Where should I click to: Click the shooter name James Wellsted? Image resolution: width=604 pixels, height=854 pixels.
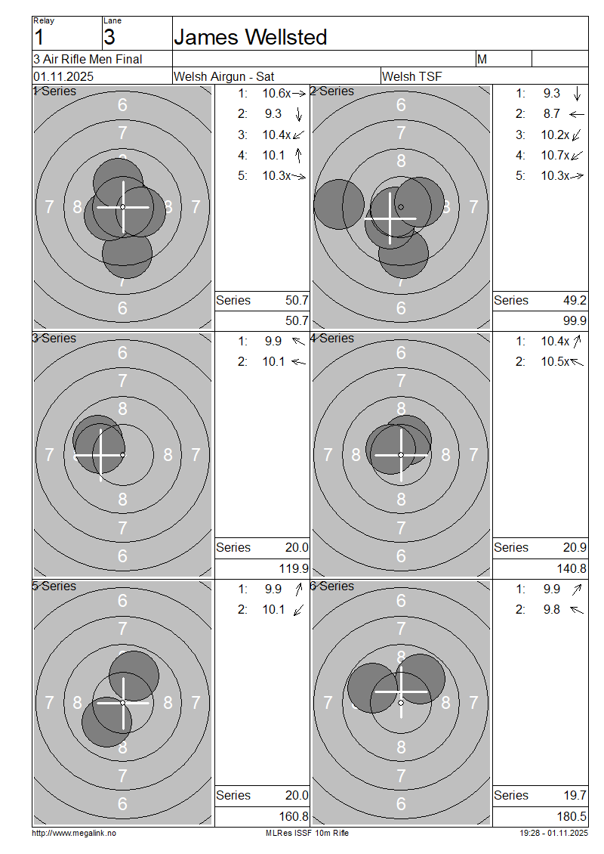(251, 37)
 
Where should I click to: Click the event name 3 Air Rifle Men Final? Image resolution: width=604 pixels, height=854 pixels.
(88, 59)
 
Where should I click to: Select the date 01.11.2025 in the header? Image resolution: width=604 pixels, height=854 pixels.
(63, 76)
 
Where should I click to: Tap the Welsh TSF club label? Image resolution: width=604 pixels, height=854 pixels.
(412, 76)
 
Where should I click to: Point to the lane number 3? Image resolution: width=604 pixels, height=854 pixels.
(109, 37)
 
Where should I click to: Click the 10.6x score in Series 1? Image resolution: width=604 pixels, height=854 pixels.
(277, 93)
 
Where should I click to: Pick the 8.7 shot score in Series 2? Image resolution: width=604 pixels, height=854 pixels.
(551, 114)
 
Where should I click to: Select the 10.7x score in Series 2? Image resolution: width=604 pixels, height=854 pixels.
(555, 155)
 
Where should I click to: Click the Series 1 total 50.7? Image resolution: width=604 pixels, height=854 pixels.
(297, 300)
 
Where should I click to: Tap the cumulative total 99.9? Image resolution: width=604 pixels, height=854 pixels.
(575, 320)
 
